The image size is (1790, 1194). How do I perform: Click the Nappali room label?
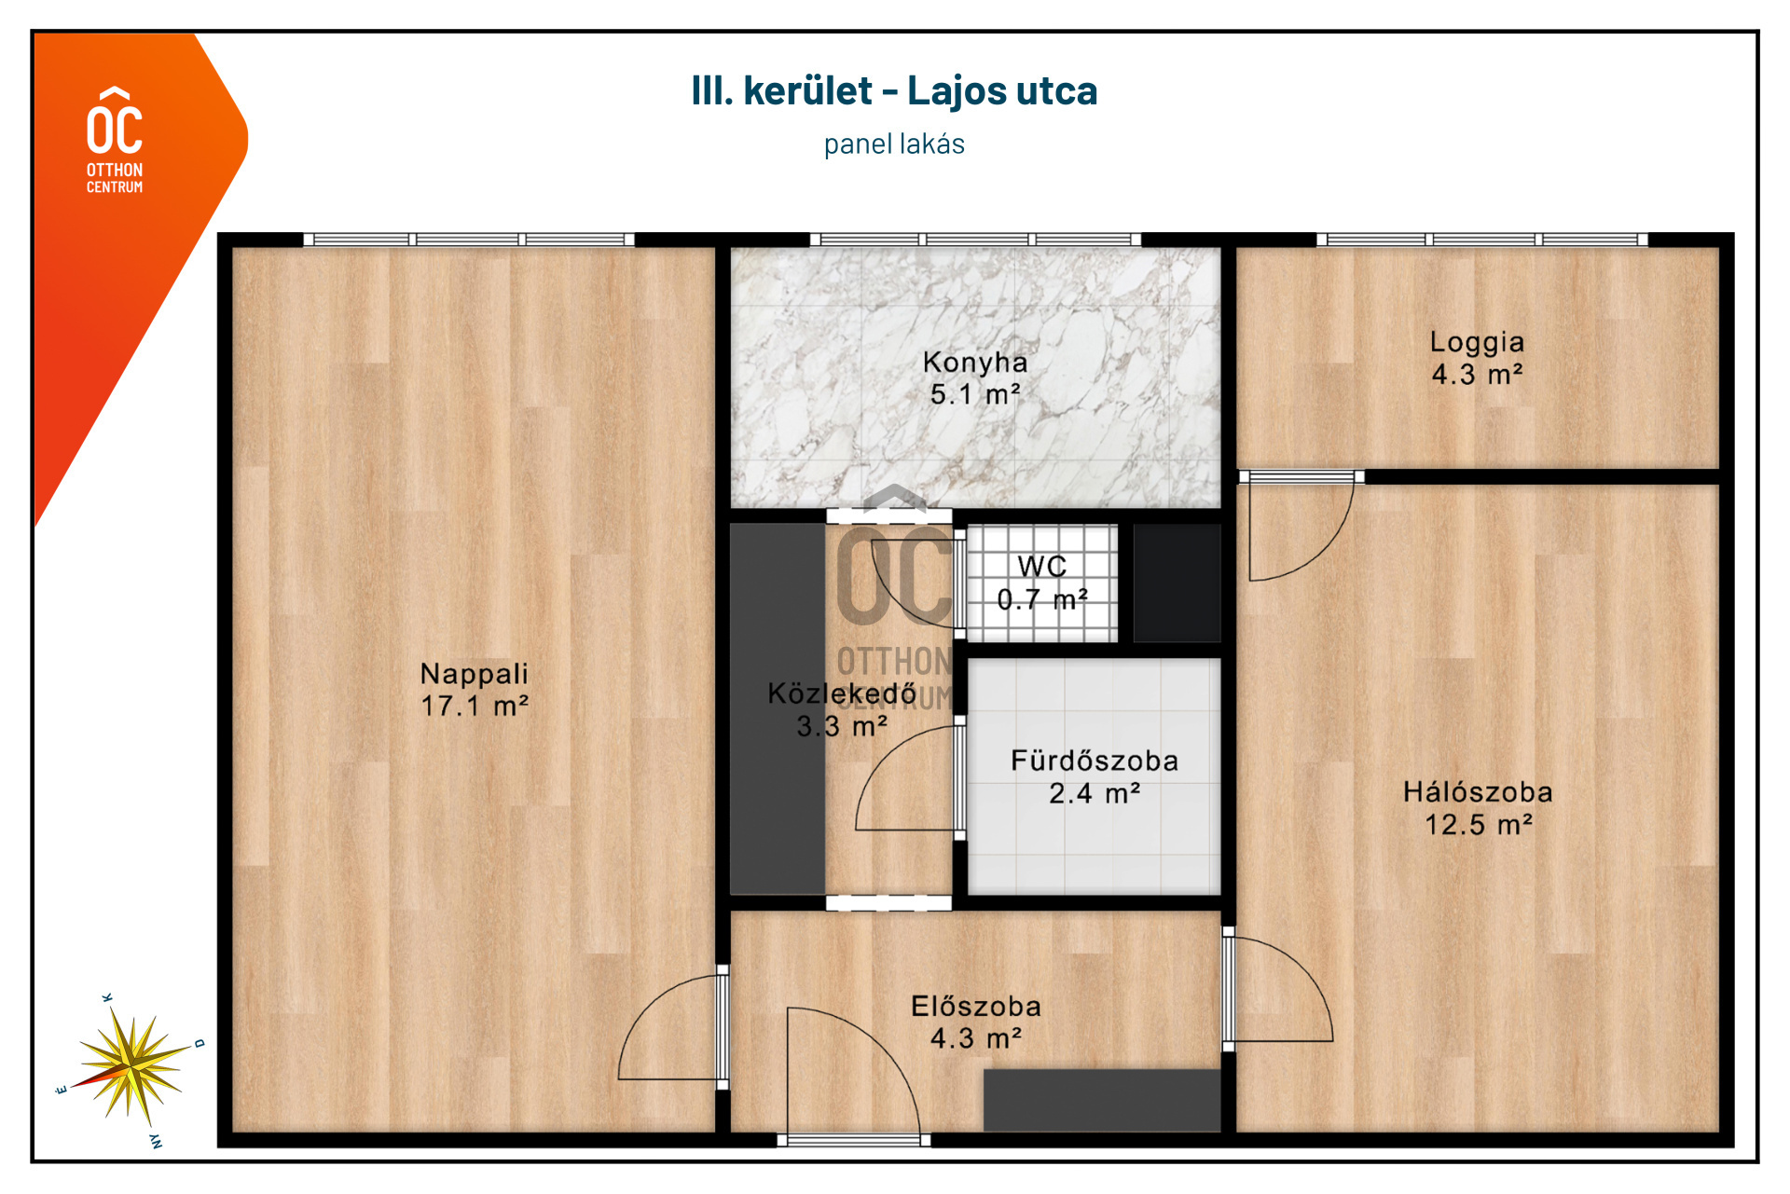click(475, 674)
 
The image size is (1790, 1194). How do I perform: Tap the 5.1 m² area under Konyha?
click(975, 395)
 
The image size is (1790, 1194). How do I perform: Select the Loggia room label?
click(1478, 343)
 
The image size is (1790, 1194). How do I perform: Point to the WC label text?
click(1042, 567)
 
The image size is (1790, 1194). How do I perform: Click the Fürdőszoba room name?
click(1095, 761)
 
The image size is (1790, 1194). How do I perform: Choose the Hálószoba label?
click(1479, 792)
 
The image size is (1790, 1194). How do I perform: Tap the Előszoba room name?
click(976, 1007)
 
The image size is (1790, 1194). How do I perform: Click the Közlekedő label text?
click(842, 693)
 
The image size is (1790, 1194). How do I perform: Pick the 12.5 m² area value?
click(1479, 825)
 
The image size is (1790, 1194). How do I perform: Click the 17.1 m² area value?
click(475, 707)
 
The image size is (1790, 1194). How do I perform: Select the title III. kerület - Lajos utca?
click(894, 90)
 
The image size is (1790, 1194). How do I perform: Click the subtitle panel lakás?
click(894, 144)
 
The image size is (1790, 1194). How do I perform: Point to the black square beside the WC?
click(1177, 583)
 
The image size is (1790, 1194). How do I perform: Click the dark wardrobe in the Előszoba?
click(1102, 1100)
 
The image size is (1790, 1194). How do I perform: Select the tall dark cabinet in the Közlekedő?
click(778, 709)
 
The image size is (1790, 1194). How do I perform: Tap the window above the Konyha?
click(976, 240)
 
